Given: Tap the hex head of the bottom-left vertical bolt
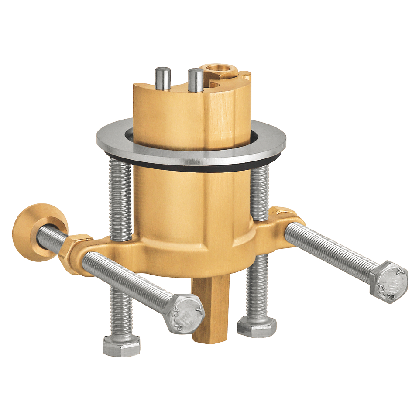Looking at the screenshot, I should pyautogui.click(x=121, y=344).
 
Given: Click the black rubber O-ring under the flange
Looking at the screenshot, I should pyautogui.click(x=192, y=165).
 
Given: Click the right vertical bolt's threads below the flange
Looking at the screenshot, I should pyautogui.click(x=260, y=192).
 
